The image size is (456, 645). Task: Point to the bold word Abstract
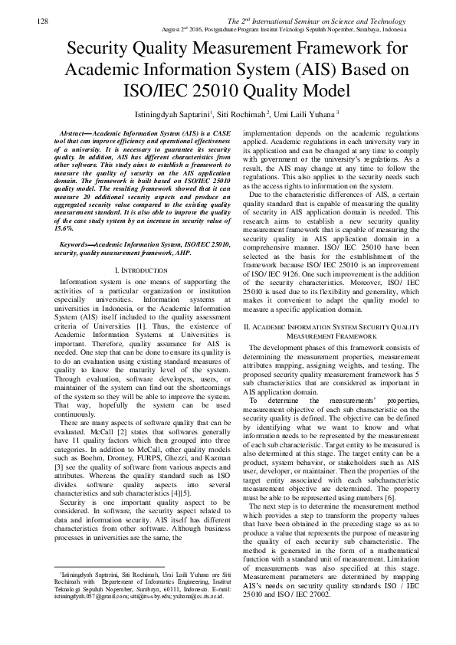tap(74, 134)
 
